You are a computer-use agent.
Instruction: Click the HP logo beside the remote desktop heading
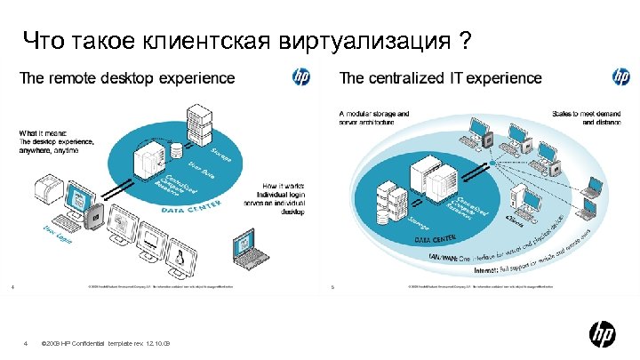302,77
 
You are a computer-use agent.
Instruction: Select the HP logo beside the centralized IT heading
620,77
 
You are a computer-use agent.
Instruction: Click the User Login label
60,234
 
